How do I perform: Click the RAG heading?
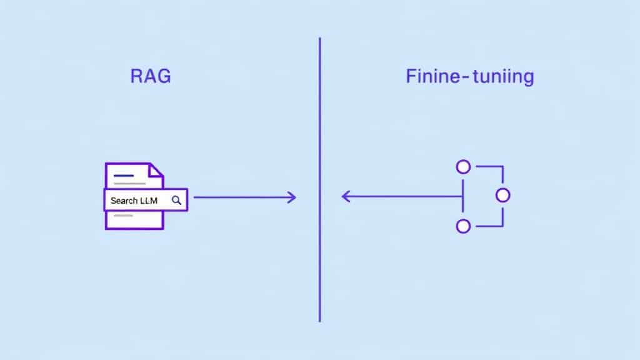coord(150,77)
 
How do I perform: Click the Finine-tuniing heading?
coord(469,77)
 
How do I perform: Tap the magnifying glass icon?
coord(177,200)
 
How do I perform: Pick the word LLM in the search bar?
coord(150,201)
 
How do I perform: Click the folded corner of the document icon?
coord(156,170)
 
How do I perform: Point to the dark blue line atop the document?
coord(123,176)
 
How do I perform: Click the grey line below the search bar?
coord(123,216)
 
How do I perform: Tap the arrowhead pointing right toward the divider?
coord(292,198)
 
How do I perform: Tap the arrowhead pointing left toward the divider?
coord(345,196)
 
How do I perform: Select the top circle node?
coord(463,167)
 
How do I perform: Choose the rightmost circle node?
coord(503,196)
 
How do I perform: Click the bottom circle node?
coord(463,226)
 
